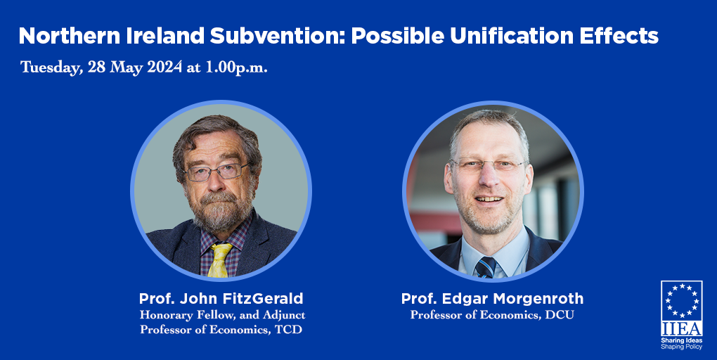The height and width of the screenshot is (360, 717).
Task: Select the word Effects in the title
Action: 619,36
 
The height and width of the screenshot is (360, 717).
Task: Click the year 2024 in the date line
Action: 164,67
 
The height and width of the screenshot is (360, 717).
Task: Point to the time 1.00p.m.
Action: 236,67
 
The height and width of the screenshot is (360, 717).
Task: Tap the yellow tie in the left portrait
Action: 219,259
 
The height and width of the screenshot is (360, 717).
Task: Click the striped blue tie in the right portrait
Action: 485,267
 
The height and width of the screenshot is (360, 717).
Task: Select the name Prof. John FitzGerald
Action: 221,299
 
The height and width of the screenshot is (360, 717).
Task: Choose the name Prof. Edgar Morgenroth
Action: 492,299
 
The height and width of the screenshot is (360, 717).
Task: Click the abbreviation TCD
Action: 288,329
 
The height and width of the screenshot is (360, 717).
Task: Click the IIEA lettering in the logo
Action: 681,328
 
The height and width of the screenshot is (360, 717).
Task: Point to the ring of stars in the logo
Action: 681,300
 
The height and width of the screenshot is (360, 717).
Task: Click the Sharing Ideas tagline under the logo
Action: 681,341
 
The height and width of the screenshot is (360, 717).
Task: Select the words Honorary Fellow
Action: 192,315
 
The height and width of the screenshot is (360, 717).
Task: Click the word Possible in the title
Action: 397,36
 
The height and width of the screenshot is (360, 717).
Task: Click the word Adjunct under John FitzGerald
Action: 284,315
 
